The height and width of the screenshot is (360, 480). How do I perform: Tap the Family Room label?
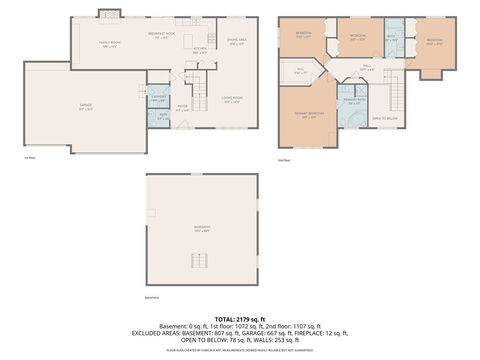coord(109,43)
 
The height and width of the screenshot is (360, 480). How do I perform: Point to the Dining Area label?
coord(236,41)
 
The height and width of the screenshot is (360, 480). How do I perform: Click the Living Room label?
coord(231,99)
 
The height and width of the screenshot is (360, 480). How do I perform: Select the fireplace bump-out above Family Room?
coord(109,14)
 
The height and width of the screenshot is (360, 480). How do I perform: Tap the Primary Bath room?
coord(353,102)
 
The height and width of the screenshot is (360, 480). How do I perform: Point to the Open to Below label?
coord(385,118)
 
